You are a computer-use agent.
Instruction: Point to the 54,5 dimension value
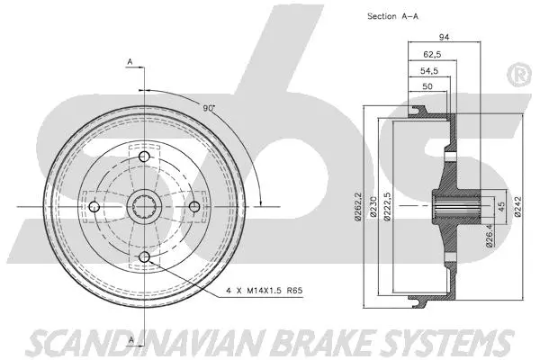click(430, 69)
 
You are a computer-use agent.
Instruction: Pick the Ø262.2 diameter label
click(358, 206)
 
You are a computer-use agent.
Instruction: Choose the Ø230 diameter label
click(373, 206)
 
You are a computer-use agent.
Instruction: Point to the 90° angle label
click(209, 108)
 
